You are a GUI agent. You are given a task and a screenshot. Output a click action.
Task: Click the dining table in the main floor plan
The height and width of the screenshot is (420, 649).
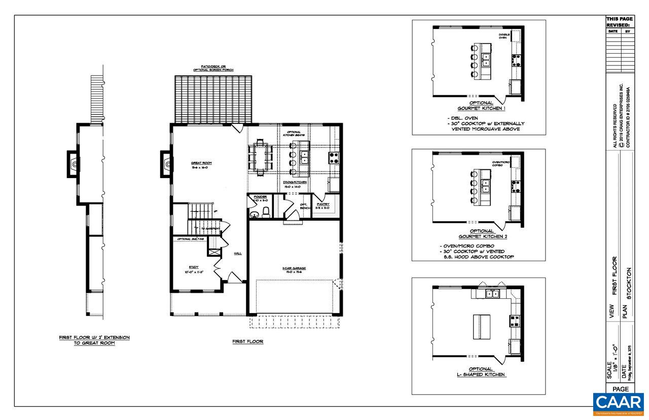(x=260, y=158)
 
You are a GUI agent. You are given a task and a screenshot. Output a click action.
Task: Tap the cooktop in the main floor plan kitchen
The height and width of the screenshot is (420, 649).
(x=334, y=158)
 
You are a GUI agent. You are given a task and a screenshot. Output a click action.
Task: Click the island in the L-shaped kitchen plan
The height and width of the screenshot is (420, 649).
(x=479, y=327)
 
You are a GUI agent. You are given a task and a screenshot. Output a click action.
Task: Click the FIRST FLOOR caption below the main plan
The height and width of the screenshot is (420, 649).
(x=248, y=342)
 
